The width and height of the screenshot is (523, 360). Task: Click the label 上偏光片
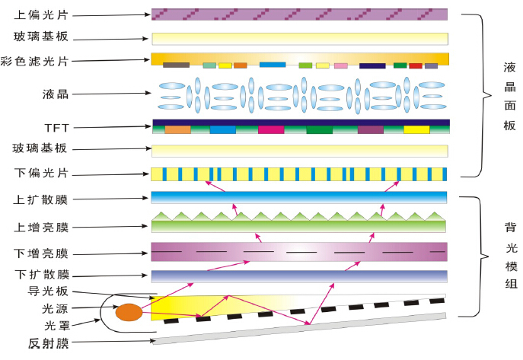(41, 15)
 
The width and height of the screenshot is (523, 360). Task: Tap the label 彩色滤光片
(34, 62)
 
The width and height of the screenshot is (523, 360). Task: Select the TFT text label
(56, 128)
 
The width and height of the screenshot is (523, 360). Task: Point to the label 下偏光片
(41, 173)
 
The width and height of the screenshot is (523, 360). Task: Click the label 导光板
(48, 291)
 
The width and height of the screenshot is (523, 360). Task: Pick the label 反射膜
(49, 343)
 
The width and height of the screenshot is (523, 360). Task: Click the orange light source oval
(129, 312)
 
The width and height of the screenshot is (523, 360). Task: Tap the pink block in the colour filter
(341, 65)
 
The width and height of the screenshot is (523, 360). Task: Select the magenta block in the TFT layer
(271, 129)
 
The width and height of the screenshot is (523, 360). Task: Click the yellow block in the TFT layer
(416, 129)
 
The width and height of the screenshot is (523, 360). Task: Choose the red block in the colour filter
(416, 65)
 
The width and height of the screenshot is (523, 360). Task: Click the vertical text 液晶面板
(509, 96)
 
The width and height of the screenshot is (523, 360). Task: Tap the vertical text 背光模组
(511, 256)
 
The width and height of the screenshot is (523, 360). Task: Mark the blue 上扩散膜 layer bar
(299, 197)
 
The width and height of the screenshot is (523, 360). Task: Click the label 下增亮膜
(41, 253)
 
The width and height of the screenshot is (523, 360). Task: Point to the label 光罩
(57, 325)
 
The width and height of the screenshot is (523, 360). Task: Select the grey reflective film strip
(299, 328)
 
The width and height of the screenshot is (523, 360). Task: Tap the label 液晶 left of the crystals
(56, 94)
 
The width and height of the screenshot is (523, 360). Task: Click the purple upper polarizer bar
(299, 14)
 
